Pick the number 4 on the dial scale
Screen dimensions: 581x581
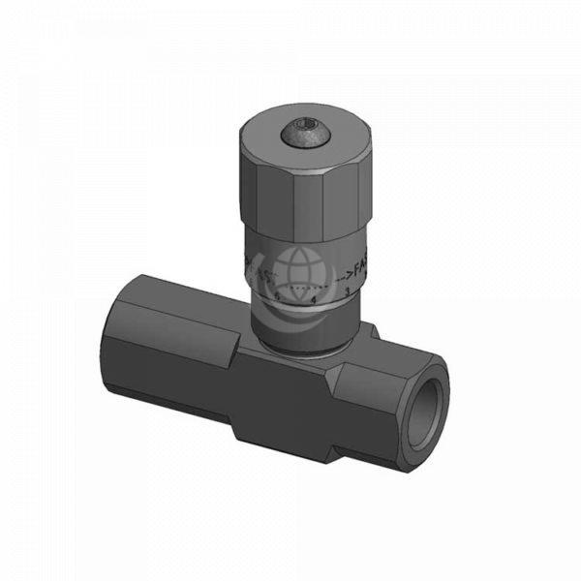coord(314,299)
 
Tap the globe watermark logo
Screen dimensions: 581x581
coord(295,271)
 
